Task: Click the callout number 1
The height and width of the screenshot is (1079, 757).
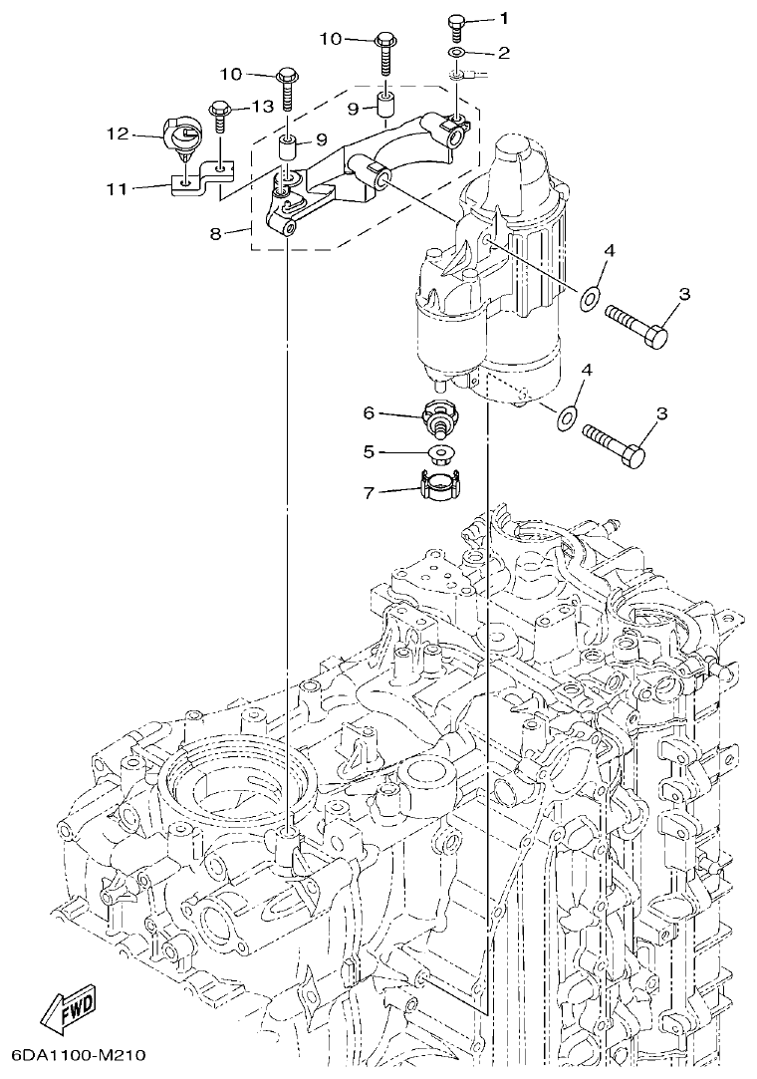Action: click(x=504, y=18)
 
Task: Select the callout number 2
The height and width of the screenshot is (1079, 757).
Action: click(x=504, y=51)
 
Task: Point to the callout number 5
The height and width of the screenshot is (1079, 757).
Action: click(x=368, y=451)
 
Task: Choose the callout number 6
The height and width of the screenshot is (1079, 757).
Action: click(x=368, y=411)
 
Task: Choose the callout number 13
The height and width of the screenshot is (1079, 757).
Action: click(x=262, y=107)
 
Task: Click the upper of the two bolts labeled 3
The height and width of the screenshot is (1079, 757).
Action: click(x=635, y=324)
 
